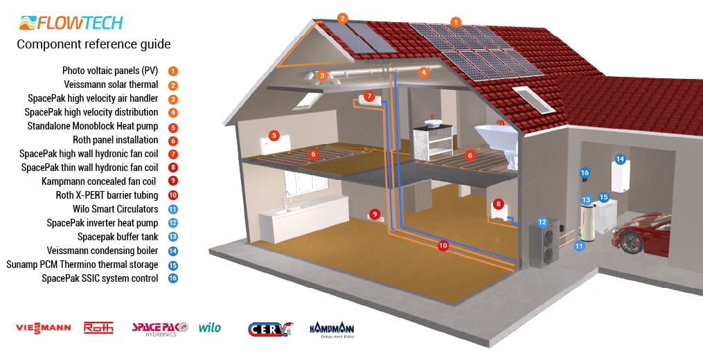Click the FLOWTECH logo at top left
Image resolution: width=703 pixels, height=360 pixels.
(x=71, y=23)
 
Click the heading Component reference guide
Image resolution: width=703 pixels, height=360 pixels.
(x=94, y=44)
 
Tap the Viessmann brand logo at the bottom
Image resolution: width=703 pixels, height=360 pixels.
(x=43, y=328)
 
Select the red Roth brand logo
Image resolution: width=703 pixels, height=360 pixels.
(x=98, y=327)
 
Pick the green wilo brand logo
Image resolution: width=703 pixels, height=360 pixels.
(x=210, y=327)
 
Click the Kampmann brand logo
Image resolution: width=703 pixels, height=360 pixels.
(x=332, y=330)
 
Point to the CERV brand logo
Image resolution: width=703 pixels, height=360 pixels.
(x=270, y=329)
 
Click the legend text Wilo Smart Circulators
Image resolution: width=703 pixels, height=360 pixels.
(x=116, y=209)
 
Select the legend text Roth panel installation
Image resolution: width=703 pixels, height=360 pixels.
(x=116, y=140)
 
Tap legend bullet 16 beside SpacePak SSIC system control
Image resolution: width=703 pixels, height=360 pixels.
(x=173, y=278)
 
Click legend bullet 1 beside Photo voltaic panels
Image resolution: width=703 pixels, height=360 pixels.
(x=173, y=71)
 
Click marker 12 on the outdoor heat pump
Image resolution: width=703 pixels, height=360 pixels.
(x=542, y=222)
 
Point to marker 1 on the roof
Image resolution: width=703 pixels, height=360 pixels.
(x=456, y=22)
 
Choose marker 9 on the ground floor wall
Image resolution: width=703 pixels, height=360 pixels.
(x=375, y=215)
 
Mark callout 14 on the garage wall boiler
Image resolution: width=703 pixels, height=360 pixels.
(x=620, y=159)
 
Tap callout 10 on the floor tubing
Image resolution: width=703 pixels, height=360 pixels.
(x=443, y=245)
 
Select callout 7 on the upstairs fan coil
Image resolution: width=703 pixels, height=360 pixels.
(x=369, y=96)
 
